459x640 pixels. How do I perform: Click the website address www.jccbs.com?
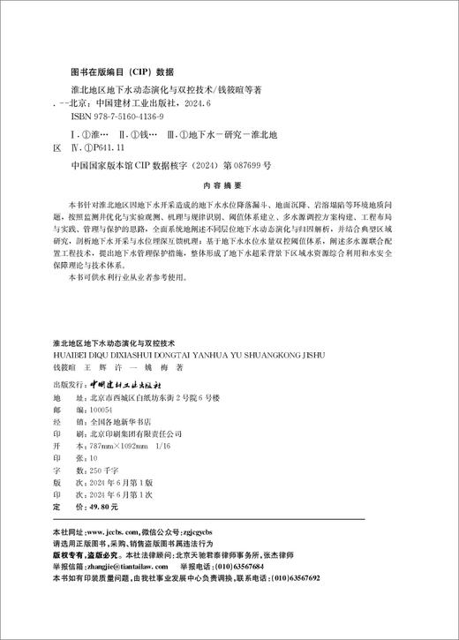coord(114,533)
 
